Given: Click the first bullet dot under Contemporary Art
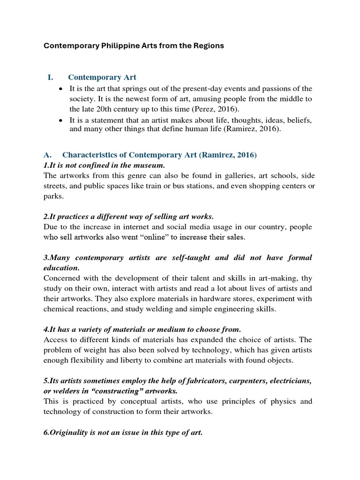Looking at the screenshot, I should [61, 89].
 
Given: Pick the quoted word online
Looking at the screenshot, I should [146, 237].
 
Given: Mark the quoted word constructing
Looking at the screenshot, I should [100, 391].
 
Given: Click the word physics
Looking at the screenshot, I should [283, 401].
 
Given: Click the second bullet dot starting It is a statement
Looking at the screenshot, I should [61, 120].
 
